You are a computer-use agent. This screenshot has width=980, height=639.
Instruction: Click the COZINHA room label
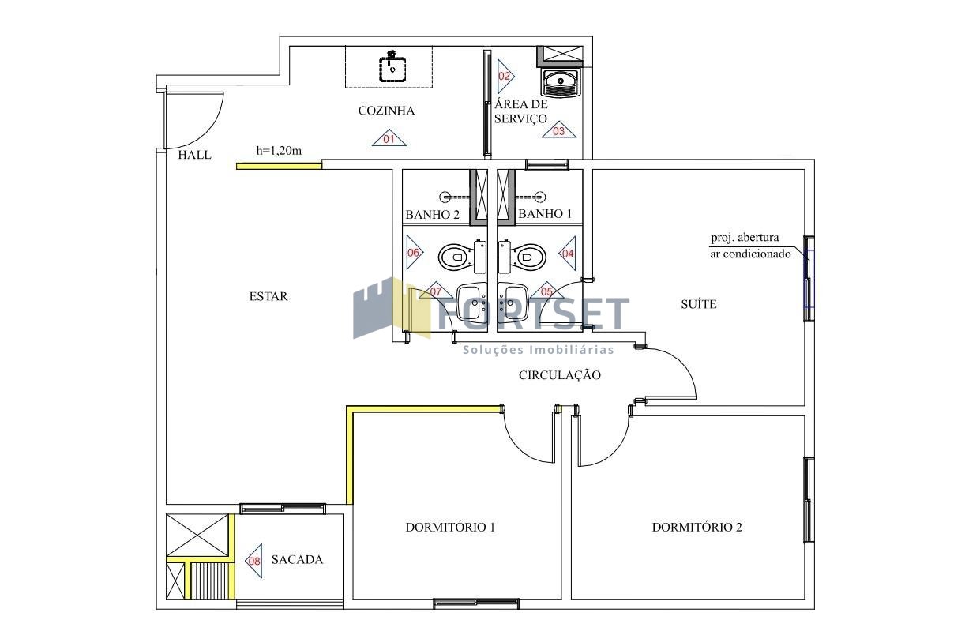(386, 111)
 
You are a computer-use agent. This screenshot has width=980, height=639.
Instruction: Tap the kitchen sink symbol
(392, 67)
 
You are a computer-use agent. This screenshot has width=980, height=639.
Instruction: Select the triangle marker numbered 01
(389, 138)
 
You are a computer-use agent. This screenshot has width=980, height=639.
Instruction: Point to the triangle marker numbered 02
(505, 76)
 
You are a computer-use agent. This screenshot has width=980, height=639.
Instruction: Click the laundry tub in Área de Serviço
(561, 82)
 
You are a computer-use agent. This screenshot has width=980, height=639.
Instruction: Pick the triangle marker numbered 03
(558, 130)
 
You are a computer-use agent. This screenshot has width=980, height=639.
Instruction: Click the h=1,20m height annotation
(279, 151)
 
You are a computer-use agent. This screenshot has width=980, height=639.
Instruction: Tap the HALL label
(195, 155)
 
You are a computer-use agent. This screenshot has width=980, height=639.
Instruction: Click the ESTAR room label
(268, 297)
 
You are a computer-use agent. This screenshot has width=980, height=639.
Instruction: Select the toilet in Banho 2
(462, 257)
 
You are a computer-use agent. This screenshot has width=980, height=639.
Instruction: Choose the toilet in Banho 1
(522, 256)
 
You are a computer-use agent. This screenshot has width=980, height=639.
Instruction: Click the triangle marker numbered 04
(568, 253)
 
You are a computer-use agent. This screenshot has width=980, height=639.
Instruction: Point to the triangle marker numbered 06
(414, 252)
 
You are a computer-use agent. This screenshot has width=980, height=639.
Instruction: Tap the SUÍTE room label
(699, 304)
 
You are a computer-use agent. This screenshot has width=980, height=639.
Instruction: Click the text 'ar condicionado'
(750, 254)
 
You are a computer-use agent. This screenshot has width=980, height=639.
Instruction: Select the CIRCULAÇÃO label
(560, 375)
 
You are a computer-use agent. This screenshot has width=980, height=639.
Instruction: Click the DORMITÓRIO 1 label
(450, 527)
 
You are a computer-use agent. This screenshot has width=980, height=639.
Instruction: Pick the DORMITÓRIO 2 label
(697, 527)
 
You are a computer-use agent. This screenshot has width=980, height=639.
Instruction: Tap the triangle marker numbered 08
(255, 561)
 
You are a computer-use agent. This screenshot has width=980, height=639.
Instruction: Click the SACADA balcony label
(297, 559)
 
